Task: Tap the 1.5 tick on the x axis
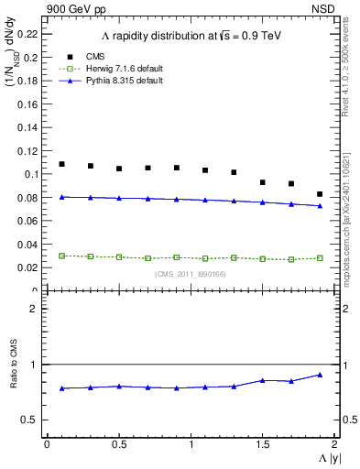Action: (x=263, y=444)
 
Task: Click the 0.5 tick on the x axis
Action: (x=118, y=444)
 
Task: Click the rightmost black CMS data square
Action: (x=320, y=194)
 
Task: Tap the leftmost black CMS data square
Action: (x=61, y=164)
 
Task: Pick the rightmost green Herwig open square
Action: (x=320, y=258)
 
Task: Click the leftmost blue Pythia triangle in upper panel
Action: (x=61, y=197)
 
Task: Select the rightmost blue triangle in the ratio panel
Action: (x=320, y=375)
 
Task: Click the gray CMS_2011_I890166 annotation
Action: (x=190, y=274)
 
